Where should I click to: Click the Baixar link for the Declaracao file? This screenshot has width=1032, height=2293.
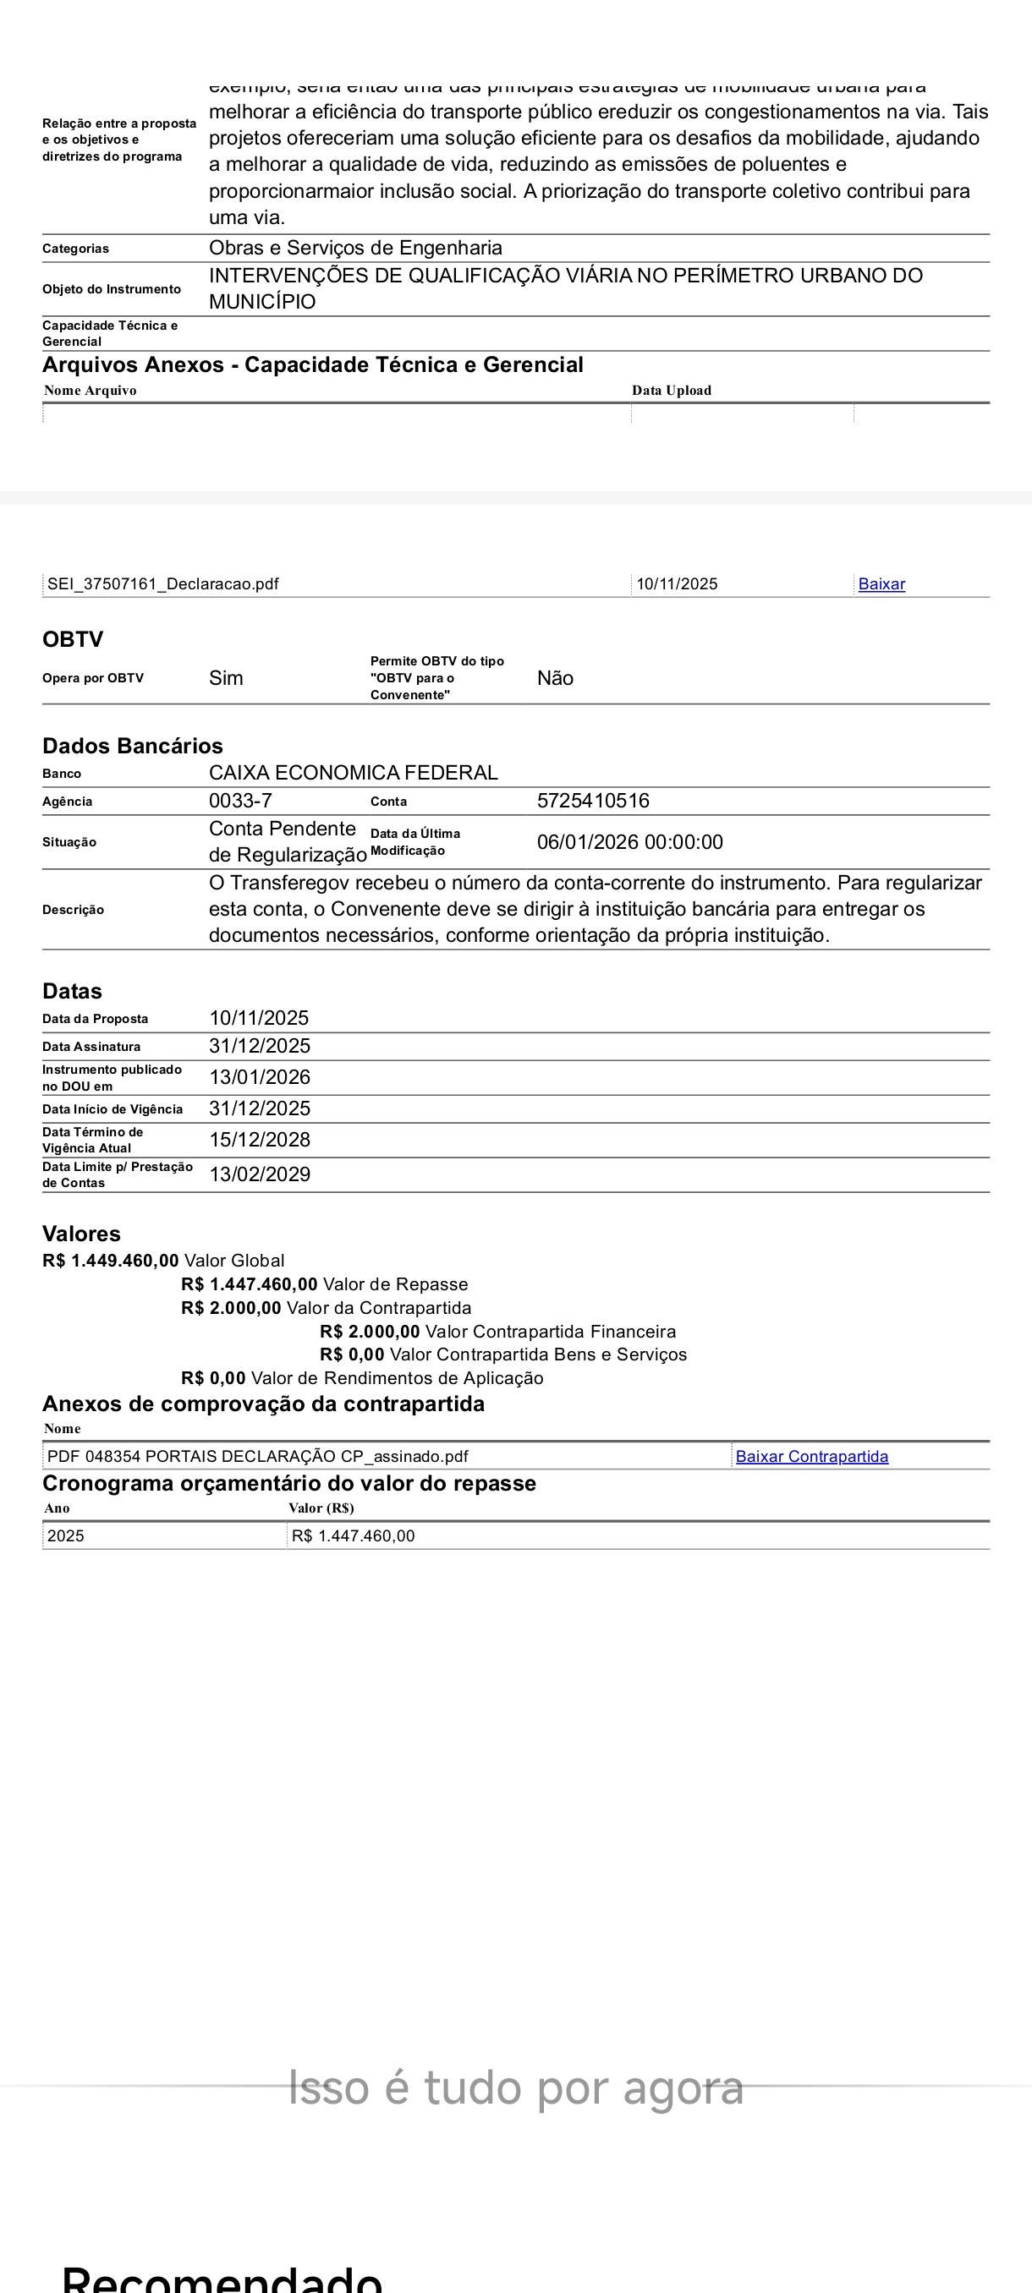(881, 584)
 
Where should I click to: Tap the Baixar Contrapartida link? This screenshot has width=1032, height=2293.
(811, 1456)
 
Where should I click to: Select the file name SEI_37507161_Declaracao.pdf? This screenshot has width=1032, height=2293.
(163, 584)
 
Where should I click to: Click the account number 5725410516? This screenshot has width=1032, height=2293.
(593, 800)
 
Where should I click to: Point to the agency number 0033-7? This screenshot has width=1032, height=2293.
(240, 800)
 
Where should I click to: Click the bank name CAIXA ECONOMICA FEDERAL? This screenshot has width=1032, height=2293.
(353, 773)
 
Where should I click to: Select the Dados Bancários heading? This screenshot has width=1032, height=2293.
(133, 745)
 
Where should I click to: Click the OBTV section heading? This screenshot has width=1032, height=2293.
(73, 639)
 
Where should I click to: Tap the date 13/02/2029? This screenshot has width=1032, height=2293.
(259, 1174)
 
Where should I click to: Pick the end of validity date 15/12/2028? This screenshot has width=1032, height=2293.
(259, 1140)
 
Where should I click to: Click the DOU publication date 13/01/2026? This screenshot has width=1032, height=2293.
(259, 1077)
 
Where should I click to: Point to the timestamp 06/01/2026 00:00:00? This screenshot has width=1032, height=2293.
(629, 842)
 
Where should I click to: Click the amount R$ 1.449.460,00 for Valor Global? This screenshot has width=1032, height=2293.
(111, 1261)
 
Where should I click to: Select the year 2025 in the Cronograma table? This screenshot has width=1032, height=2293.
(66, 1535)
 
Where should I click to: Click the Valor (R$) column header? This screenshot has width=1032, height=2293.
(321, 1508)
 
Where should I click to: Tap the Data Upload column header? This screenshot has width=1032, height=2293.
(672, 390)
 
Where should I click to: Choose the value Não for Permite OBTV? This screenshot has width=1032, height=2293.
(555, 678)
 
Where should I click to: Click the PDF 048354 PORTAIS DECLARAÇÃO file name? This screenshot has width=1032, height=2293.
(257, 1456)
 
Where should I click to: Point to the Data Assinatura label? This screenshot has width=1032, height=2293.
(91, 1047)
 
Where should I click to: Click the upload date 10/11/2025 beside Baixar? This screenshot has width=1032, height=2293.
(677, 584)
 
